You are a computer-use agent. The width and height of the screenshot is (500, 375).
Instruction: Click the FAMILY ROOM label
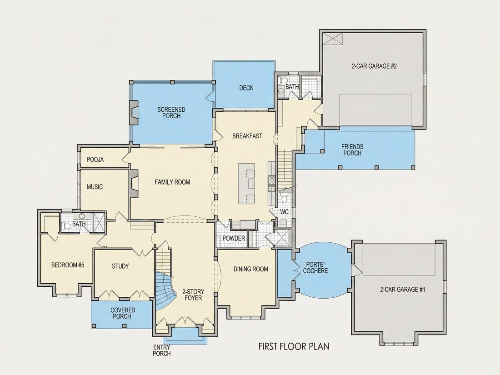tap(172, 182)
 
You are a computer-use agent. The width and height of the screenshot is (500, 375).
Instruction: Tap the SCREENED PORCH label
tap(171, 113)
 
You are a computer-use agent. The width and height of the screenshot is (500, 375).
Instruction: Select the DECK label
tap(246, 88)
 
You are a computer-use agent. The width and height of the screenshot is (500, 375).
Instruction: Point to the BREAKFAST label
tap(247, 136)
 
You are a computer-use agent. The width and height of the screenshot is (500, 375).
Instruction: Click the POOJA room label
tap(95, 160)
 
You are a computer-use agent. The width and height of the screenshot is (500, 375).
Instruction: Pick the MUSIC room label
tap(95, 187)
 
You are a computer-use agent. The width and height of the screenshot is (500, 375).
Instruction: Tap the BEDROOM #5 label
tap(68, 265)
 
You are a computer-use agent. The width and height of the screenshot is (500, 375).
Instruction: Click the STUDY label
tap(120, 266)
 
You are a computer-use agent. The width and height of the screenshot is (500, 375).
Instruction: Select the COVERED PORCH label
tap(123, 313)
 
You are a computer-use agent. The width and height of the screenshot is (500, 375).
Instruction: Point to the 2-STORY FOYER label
tap(193, 295)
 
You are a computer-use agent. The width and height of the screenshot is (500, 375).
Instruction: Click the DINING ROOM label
tap(250, 269)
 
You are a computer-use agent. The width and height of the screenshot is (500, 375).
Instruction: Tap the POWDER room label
tap(234, 238)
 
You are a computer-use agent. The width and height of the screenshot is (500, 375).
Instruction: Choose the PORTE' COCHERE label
tap(315, 268)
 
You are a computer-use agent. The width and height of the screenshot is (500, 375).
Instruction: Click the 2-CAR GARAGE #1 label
tap(402, 290)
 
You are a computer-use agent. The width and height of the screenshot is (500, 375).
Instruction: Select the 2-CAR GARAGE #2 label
tap(374, 66)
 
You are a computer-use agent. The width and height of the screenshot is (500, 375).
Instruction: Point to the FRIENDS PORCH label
tap(352, 150)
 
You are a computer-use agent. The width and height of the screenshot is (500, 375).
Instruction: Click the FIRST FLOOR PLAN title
tap(294, 346)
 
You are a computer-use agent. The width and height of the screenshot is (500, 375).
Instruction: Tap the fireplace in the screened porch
tap(134, 113)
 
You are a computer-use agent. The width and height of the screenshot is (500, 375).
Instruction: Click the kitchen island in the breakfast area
tap(246, 184)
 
